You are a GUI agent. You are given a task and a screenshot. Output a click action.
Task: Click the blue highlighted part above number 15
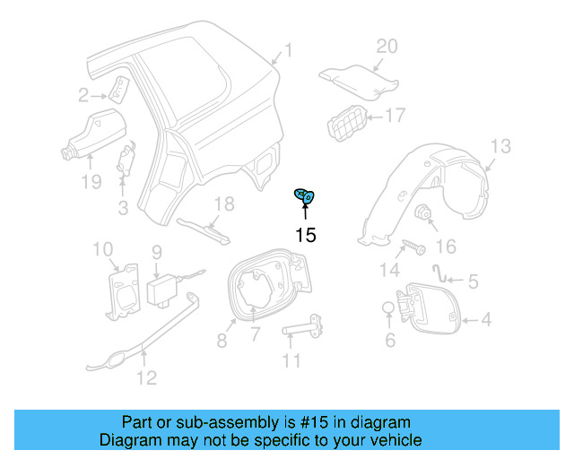[x=306, y=196]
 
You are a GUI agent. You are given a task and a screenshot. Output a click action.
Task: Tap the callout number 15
[x=306, y=236]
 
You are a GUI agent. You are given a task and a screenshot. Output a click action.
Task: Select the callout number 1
[x=288, y=50]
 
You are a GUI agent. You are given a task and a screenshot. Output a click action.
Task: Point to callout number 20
[x=386, y=47]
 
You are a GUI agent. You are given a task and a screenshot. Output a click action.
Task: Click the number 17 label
[x=396, y=115]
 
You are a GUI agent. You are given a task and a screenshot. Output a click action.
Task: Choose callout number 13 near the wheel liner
[x=500, y=146]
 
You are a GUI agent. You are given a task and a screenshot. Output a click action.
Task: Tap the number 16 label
[x=445, y=246]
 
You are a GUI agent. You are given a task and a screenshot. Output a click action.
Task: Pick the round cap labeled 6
[x=387, y=309]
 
